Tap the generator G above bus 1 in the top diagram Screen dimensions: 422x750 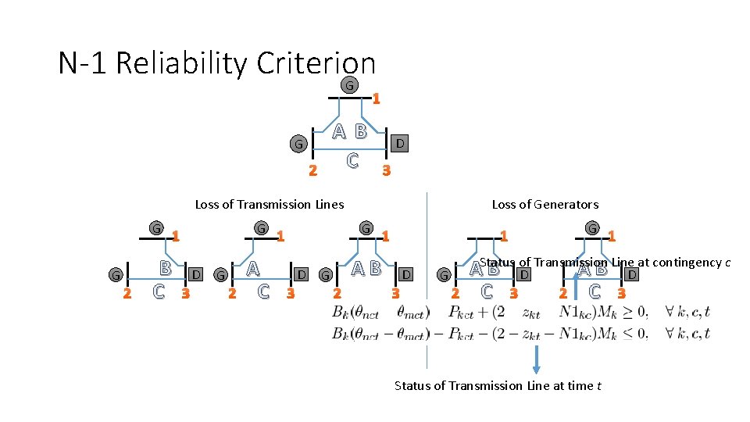(x=350, y=84)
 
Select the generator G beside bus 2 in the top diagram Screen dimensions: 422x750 (x=297, y=144)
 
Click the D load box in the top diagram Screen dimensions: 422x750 (x=399, y=143)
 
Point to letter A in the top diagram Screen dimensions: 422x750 (x=338, y=131)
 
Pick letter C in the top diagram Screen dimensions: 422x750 (x=352, y=160)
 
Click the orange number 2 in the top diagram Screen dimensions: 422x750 (x=312, y=171)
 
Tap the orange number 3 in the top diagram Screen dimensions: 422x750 (x=385, y=171)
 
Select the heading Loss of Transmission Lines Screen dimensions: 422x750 (x=269, y=205)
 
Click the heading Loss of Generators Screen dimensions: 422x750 (x=545, y=205)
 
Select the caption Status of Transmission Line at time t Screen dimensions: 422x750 (x=498, y=385)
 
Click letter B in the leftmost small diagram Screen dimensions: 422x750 (x=165, y=268)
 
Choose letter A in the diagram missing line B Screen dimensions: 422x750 (x=252, y=268)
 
